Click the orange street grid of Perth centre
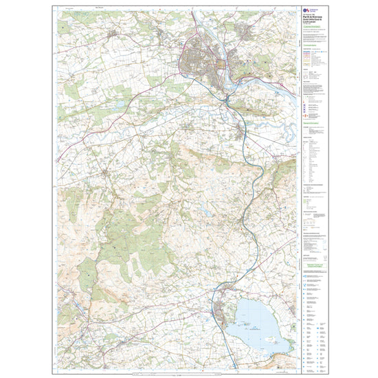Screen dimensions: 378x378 click(x=221, y=67)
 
